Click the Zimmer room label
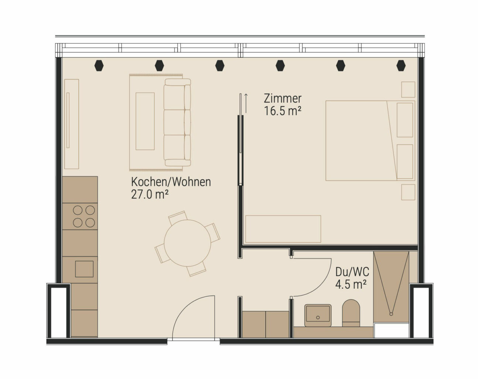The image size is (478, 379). (283, 98)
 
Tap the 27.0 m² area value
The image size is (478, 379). (150, 195)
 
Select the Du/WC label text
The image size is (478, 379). (352, 272)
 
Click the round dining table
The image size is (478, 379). (187, 243)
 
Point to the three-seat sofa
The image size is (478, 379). (177, 123)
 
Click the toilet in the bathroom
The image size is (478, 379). (351, 313)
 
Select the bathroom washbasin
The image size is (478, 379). (318, 315)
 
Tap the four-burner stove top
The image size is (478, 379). (84, 216)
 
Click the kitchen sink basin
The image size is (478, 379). (84, 269)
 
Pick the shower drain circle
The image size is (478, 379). (391, 314)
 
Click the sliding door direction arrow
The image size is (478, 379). (246, 104)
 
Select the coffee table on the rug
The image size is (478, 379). (145, 121)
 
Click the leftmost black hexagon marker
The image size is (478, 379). (99, 66)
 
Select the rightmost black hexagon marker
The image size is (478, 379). (401, 66)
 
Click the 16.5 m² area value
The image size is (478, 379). (283, 111)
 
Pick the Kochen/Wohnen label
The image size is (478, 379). (171, 182)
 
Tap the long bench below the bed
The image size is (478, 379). (283, 229)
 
